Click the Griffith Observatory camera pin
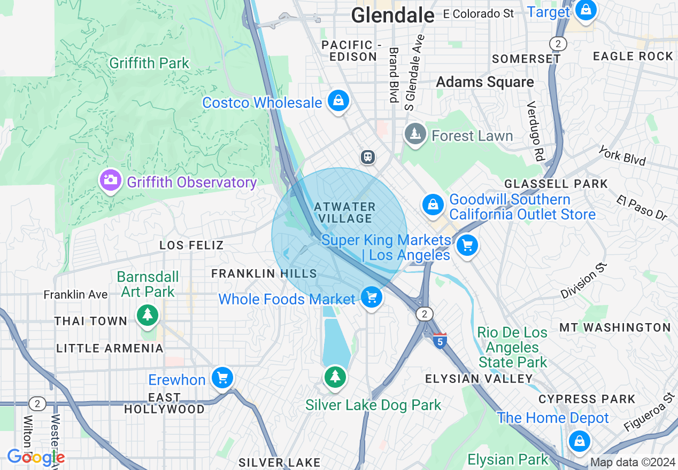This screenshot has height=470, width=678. (110, 180)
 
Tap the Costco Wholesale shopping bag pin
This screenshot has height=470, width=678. (338, 100)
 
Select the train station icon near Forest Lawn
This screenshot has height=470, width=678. (368, 156)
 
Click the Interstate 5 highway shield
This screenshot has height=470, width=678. (440, 340)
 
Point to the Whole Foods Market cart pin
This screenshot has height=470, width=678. (372, 297)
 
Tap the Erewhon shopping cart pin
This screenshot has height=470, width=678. (222, 378)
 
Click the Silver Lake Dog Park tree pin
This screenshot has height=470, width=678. (335, 378)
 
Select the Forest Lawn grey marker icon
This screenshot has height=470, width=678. (415, 134)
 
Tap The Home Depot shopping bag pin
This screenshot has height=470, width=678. (579, 441)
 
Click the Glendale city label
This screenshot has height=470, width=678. (392, 15)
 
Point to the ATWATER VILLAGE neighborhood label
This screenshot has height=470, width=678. (345, 212)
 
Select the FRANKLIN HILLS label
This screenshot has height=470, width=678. (264, 273)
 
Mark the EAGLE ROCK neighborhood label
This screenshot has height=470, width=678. (633, 56)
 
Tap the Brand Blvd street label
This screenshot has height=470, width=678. (394, 75)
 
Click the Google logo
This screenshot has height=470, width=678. (36, 457)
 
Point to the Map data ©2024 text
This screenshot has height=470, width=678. (633, 463)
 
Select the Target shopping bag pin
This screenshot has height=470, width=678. (586, 11)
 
